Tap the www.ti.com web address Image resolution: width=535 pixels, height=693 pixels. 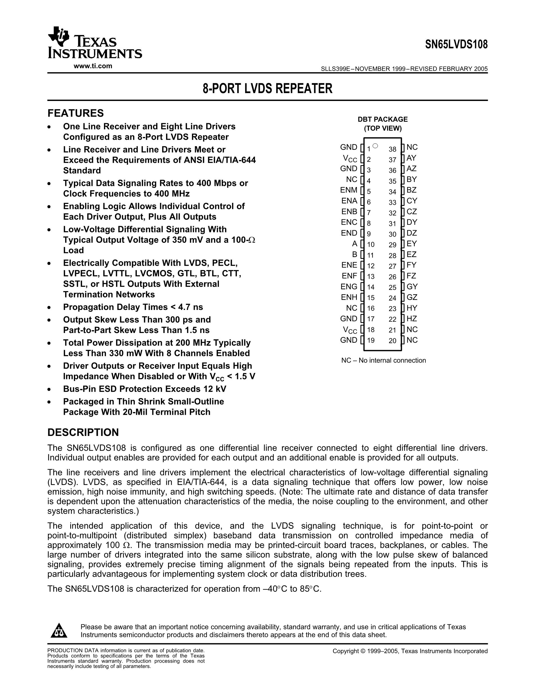click(x=93, y=66)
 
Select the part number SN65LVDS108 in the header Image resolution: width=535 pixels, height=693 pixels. click(x=456, y=44)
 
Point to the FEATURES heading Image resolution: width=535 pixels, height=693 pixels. click(x=75, y=113)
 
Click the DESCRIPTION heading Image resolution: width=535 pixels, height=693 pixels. click(x=83, y=432)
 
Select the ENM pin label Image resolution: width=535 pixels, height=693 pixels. click(x=349, y=190)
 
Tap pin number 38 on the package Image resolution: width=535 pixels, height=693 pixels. click(x=392, y=149)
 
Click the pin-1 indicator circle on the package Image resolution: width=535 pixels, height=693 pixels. click(x=375, y=146)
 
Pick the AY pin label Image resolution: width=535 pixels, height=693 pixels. click(x=411, y=158)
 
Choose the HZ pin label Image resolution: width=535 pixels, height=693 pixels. click(x=412, y=319)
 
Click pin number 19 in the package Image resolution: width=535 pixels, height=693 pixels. click(x=371, y=341)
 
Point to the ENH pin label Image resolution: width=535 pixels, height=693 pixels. click(x=349, y=297)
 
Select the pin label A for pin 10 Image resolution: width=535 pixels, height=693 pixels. click(x=354, y=244)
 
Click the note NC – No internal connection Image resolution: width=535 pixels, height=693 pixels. click(x=384, y=361)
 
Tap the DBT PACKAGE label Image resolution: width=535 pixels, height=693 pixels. click(x=382, y=119)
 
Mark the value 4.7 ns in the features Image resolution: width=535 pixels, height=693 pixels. click(x=191, y=307)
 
